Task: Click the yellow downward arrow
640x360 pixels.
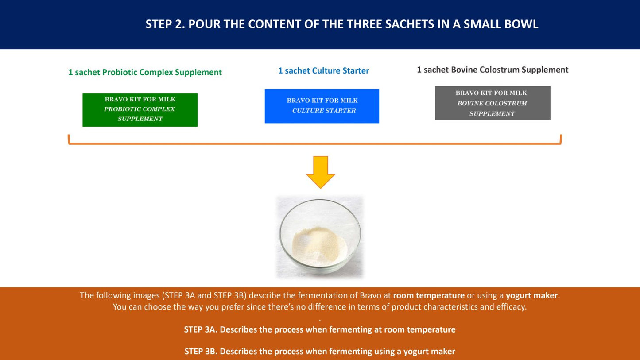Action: (320, 172)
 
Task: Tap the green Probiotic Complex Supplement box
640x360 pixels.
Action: (140, 110)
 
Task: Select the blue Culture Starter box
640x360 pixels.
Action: (322, 106)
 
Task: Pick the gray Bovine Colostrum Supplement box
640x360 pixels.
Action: (493, 103)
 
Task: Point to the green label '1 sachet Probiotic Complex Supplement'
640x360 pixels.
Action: (145, 72)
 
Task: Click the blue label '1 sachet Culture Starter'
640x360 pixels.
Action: (323, 70)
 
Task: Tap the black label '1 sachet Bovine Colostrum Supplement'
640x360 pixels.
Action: (493, 70)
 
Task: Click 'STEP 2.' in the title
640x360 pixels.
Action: (165, 24)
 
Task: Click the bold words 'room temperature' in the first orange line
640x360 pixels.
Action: (429, 295)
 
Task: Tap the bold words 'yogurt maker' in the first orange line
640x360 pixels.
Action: (531, 295)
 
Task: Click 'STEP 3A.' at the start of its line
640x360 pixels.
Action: (201, 329)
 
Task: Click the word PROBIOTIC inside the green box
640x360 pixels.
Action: (121, 109)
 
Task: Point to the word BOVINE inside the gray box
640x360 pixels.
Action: (470, 104)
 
